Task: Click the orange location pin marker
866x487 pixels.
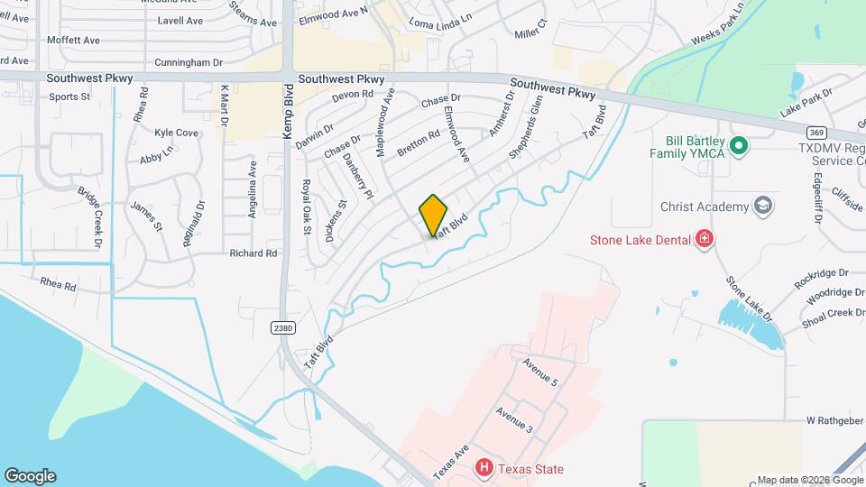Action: click(x=434, y=214)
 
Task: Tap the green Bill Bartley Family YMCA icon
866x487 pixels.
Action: click(x=739, y=144)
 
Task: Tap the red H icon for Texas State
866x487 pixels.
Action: click(x=484, y=467)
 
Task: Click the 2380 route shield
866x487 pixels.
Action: click(x=283, y=327)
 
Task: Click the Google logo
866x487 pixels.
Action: click(x=30, y=475)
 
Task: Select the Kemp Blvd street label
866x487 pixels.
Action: click(x=289, y=112)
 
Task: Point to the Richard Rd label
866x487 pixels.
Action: click(x=253, y=253)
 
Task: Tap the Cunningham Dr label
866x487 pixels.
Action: click(x=189, y=63)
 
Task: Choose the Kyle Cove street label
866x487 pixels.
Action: click(x=176, y=133)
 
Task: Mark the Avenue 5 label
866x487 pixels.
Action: click(x=540, y=371)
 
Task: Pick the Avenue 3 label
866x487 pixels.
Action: click(x=514, y=419)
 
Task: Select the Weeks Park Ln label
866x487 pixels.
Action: click(x=719, y=25)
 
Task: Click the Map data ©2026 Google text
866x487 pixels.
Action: click(x=808, y=480)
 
